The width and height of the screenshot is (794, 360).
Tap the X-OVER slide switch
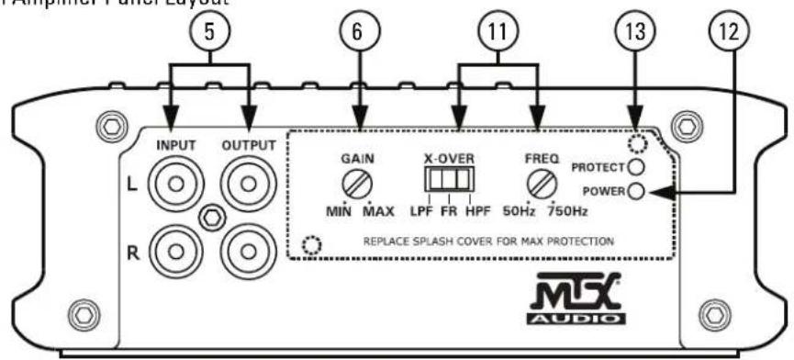tap(446, 179)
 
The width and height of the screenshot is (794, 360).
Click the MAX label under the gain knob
tap(378, 212)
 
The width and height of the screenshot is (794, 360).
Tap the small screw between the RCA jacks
tap(212, 216)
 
